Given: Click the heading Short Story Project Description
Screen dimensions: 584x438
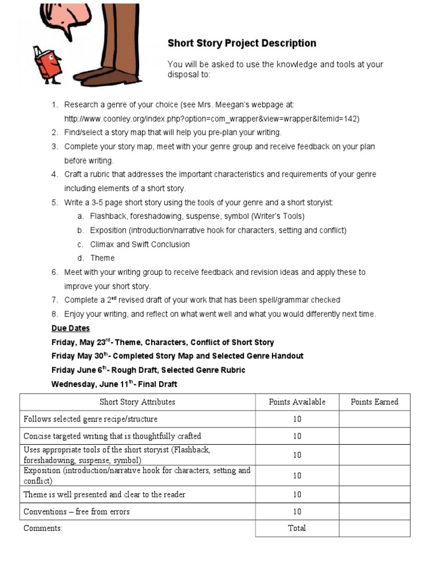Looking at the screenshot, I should [x=241, y=43].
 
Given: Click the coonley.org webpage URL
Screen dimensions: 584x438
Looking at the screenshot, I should [x=212, y=119].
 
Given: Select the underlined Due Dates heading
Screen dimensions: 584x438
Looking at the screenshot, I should [x=71, y=328].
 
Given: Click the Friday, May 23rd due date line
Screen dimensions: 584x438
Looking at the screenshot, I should [x=163, y=342].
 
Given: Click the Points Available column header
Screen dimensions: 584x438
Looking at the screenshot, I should [x=297, y=402].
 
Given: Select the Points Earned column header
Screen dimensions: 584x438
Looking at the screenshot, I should [x=374, y=402].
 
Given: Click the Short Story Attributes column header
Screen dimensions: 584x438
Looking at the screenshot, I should [x=137, y=402].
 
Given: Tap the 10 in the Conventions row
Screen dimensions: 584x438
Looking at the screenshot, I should [x=297, y=512].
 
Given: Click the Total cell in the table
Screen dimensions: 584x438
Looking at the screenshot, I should [x=297, y=528].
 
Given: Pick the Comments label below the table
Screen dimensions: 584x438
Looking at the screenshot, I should [x=43, y=528].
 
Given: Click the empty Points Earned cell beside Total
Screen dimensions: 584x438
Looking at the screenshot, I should [x=374, y=528].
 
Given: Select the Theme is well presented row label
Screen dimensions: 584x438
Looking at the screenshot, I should [x=104, y=494].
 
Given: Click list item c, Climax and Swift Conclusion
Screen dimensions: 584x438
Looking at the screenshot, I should [x=140, y=244].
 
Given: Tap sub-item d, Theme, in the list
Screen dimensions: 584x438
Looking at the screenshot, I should [x=102, y=258].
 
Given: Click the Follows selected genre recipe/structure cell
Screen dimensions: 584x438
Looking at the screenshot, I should [x=91, y=419].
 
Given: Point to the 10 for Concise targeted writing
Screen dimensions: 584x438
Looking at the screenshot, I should [x=297, y=436].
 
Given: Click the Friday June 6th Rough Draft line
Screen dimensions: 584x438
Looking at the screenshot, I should [x=148, y=370].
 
